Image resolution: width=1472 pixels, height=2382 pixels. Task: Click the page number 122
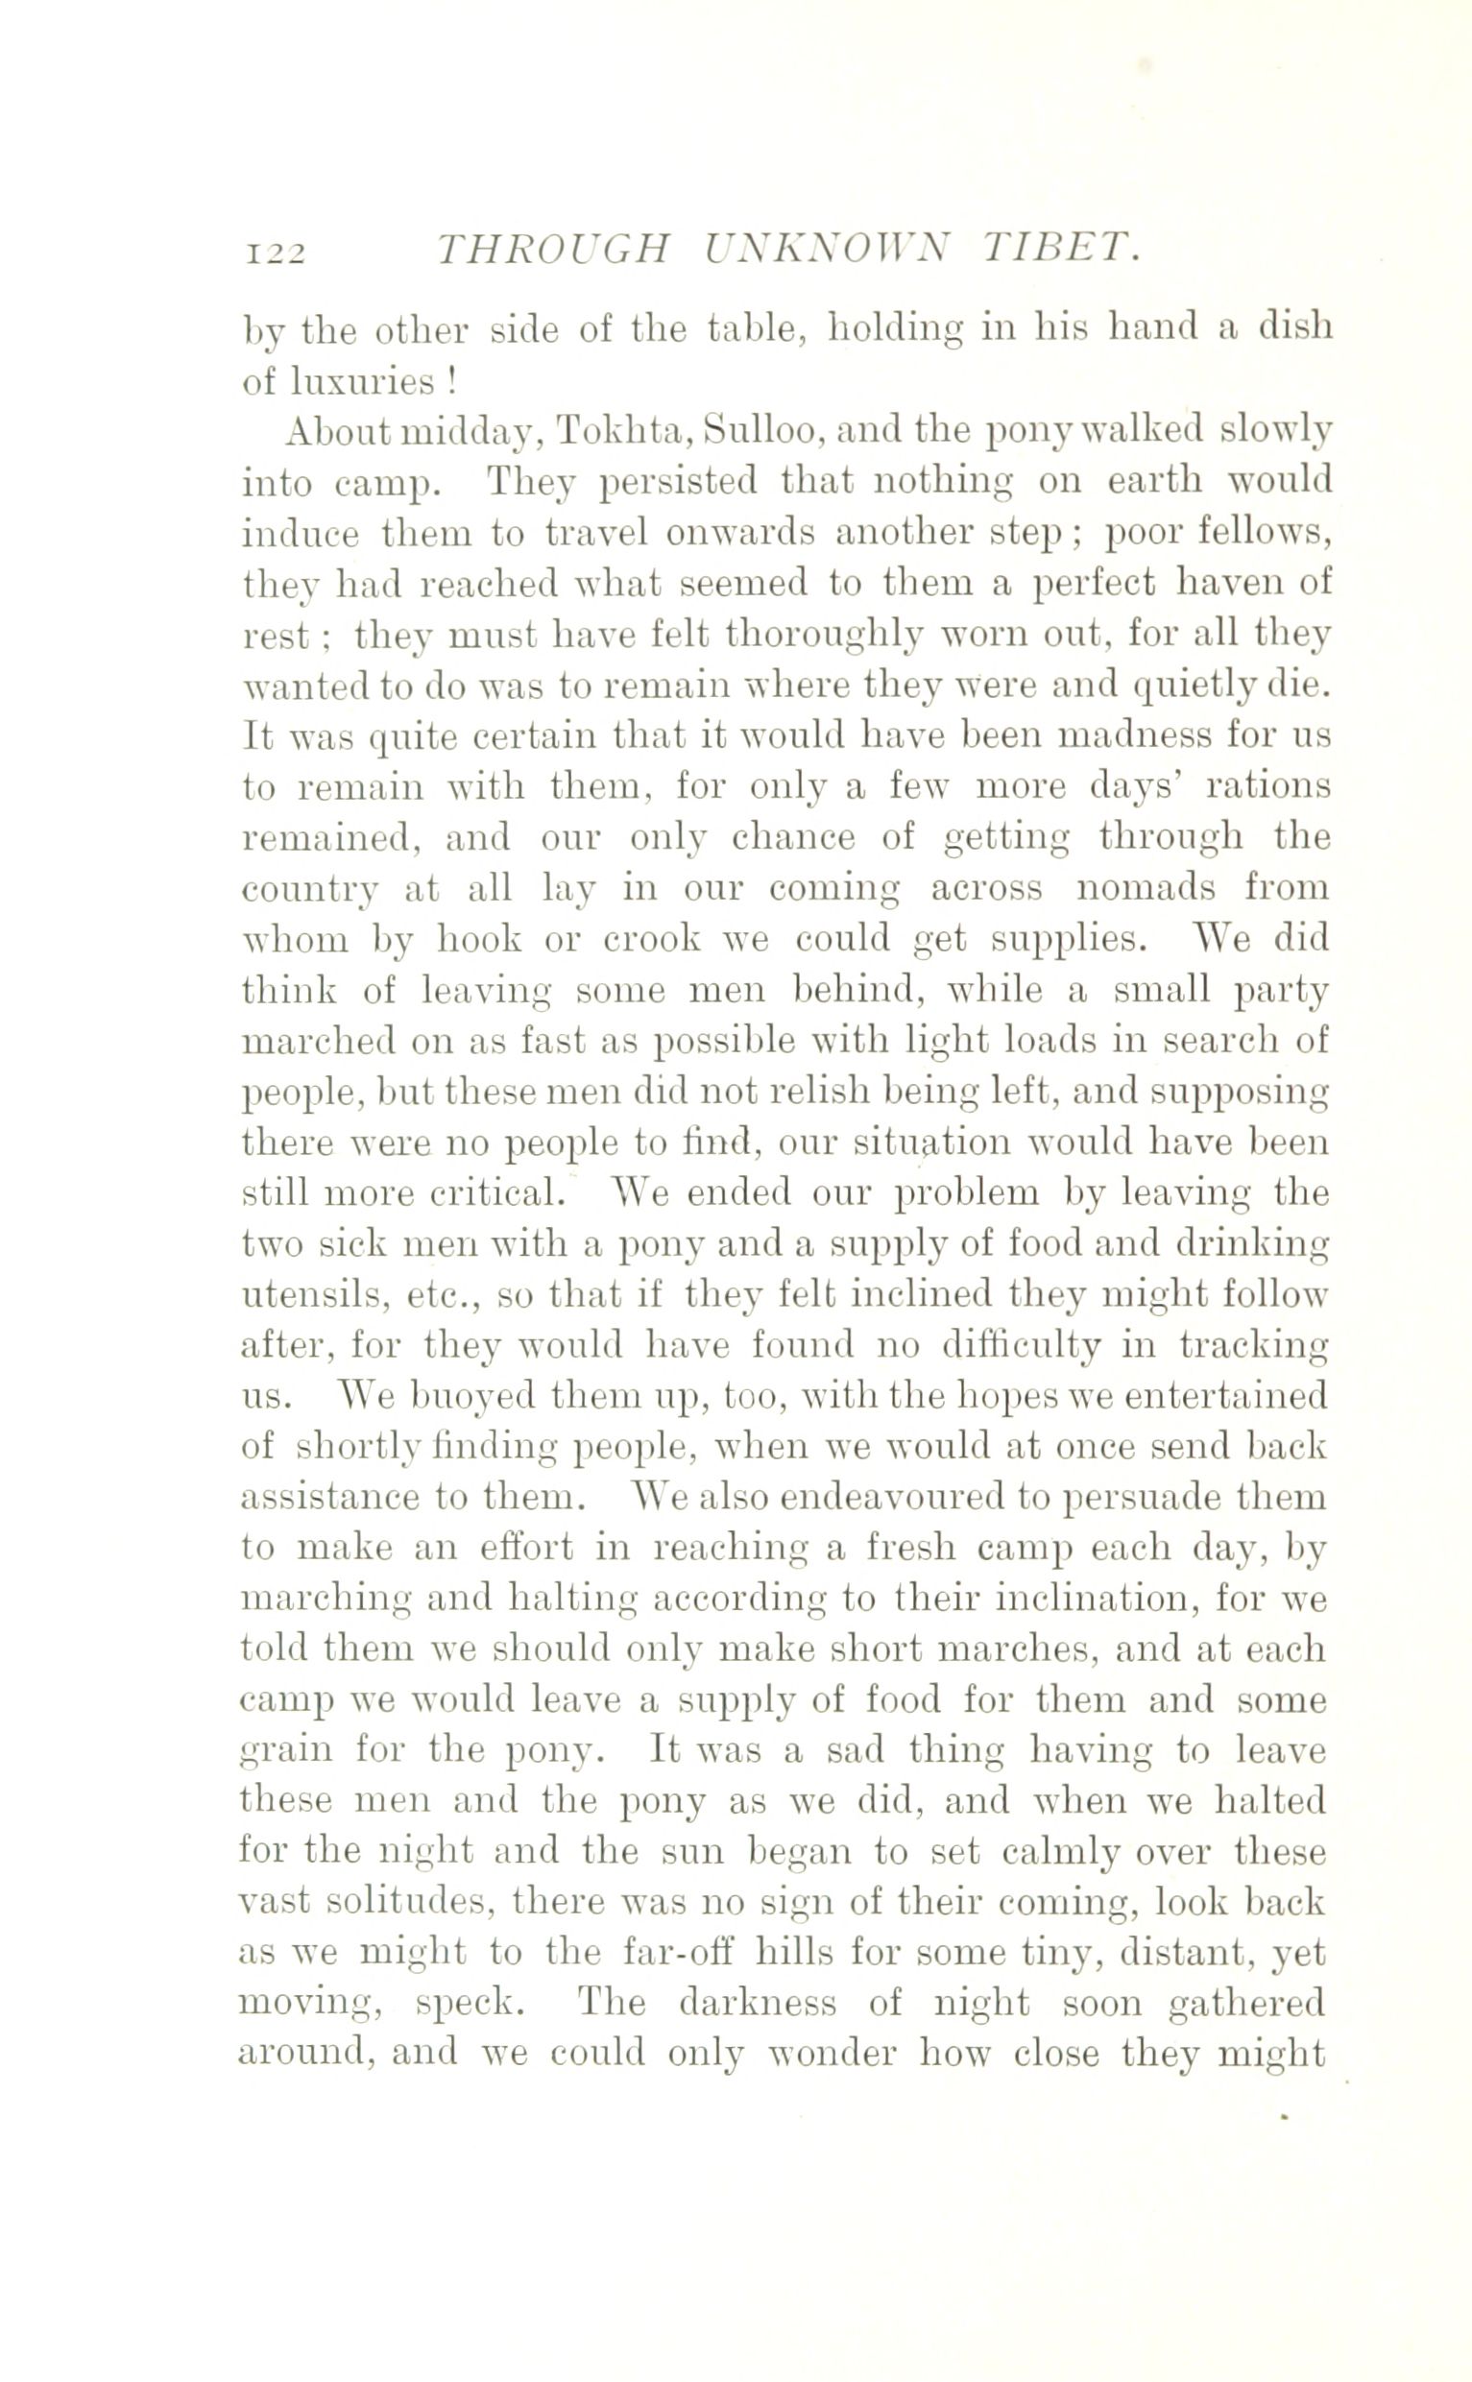click(278, 253)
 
